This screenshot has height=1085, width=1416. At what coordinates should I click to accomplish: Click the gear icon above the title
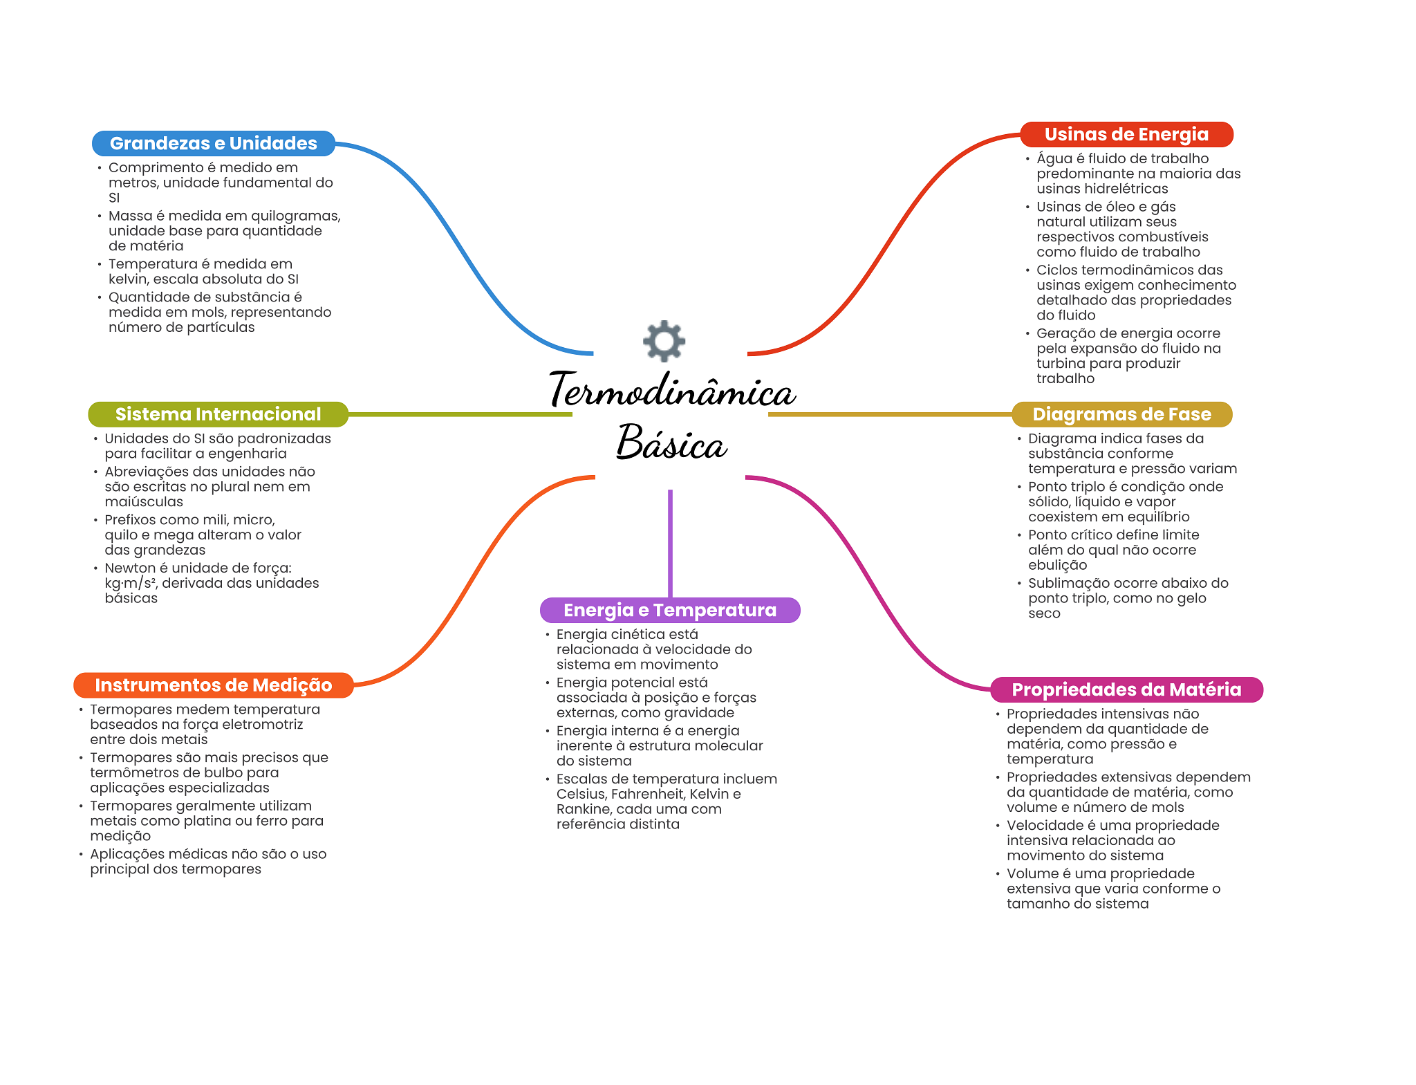pos(664,340)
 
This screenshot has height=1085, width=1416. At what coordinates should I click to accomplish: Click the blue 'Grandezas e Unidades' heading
pos(213,143)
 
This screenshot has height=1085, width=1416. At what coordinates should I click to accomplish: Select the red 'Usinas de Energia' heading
pos(1126,134)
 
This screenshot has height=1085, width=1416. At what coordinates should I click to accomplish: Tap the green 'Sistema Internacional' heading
pos(218,414)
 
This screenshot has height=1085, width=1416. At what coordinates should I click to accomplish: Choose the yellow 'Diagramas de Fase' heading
pos(1121,414)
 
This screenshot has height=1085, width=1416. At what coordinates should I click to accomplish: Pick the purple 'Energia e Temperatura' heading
pos(669,610)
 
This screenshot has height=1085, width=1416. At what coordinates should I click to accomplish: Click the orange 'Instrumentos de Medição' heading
pos(213,685)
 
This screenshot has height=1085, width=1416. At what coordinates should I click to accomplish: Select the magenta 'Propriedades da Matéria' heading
pos(1126,689)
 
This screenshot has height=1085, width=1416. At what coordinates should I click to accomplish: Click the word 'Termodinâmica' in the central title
pos(672,391)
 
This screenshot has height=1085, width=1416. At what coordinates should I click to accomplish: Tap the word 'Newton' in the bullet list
pos(130,568)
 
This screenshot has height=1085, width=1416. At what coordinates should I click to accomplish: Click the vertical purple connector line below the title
pos(670,543)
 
